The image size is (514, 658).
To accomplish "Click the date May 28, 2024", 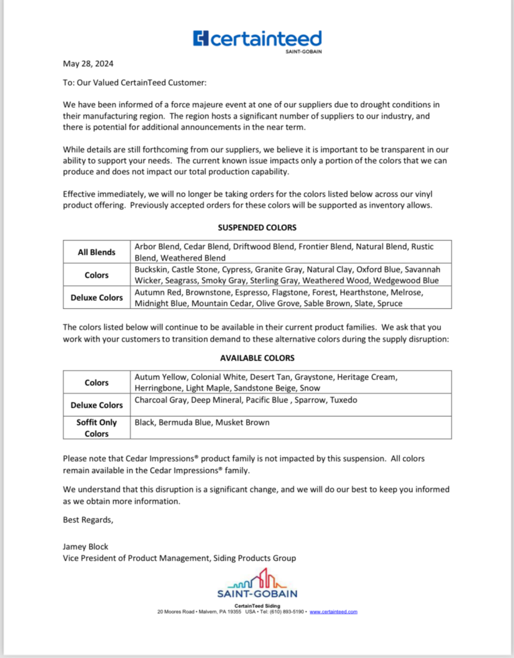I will pos(88,64).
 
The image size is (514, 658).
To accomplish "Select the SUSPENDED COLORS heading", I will pos(257,228).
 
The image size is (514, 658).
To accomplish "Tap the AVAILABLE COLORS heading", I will pos(257,358).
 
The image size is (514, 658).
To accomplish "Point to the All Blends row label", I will pos(96,252).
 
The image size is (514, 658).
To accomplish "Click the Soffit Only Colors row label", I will pos(96,428).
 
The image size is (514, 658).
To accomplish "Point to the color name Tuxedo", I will pos(342,400).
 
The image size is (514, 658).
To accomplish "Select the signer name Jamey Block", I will pos(86,547).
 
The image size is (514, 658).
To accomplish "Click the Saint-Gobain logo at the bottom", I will pos(257,584).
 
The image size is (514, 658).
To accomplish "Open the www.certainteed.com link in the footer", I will pos(333,612).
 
